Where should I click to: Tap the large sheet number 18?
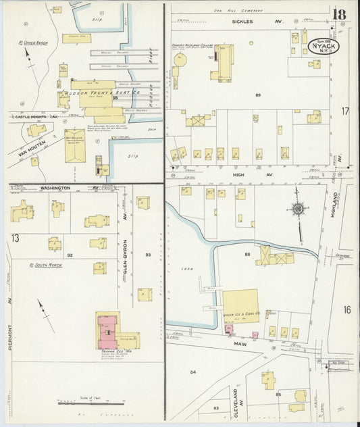click(x=338, y=15)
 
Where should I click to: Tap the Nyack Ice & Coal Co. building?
click(x=240, y=305)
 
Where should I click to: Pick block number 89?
click(x=258, y=95)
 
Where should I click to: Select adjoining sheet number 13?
click(x=15, y=238)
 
